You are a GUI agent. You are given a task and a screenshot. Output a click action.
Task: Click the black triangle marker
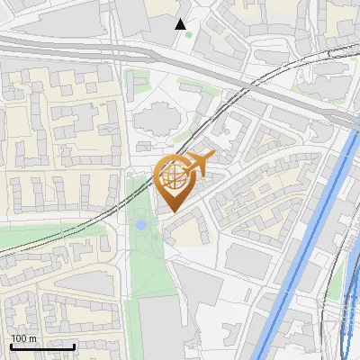tap(181, 24)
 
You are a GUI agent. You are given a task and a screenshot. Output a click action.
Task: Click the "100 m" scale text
tap(23, 338)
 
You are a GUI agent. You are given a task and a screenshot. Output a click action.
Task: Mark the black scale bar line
tap(42, 346)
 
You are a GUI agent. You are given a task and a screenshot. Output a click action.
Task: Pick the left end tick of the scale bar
tap(11, 345)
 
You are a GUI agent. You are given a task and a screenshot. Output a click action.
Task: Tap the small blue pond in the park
tap(141, 224)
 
